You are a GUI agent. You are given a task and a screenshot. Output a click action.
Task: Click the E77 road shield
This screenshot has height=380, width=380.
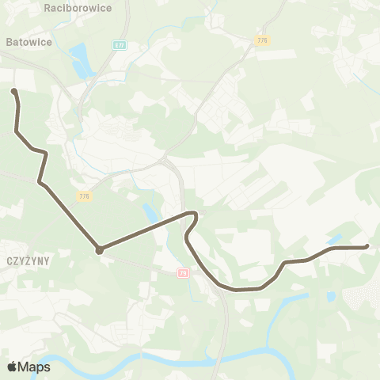[x=119, y=45]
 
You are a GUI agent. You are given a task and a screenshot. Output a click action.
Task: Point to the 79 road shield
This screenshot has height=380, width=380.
[x=184, y=273]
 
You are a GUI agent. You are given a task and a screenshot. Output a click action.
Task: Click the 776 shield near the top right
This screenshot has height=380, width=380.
[x=262, y=39]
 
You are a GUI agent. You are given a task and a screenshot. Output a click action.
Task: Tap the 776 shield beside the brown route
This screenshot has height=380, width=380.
[x=84, y=196]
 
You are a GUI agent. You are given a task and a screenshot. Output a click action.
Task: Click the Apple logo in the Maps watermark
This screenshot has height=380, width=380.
[x=12, y=367]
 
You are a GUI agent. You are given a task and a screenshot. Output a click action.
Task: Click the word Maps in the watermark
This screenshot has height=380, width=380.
[x=34, y=367]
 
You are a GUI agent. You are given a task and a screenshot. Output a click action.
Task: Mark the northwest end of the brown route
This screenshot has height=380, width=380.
[x=13, y=92]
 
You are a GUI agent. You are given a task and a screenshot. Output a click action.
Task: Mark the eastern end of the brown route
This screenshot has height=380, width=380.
[x=367, y=247]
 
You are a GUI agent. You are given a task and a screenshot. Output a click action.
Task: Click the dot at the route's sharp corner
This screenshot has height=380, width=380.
[x=99, y=250]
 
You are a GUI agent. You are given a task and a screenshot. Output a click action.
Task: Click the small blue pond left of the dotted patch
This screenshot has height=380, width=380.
[x=330, y=296]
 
